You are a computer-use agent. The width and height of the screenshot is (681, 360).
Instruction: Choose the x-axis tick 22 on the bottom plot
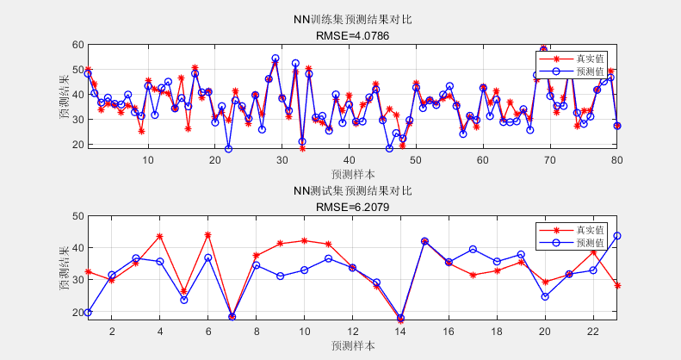click(x=592, y=331)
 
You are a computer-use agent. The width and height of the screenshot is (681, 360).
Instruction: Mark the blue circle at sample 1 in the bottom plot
click(x=88, y=313)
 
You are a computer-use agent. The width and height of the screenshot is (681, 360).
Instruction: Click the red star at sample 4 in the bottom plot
click(x=160, y=236)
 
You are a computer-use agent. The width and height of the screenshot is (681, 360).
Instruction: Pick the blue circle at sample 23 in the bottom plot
click(x=616, y=236)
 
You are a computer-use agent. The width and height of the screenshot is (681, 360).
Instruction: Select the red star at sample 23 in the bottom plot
click(x=616, y=285)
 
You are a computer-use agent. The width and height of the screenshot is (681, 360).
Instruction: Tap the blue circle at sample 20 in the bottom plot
click(x=545, y=296)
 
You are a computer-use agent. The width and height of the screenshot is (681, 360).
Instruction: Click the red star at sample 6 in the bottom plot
click(x=207, y=235)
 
